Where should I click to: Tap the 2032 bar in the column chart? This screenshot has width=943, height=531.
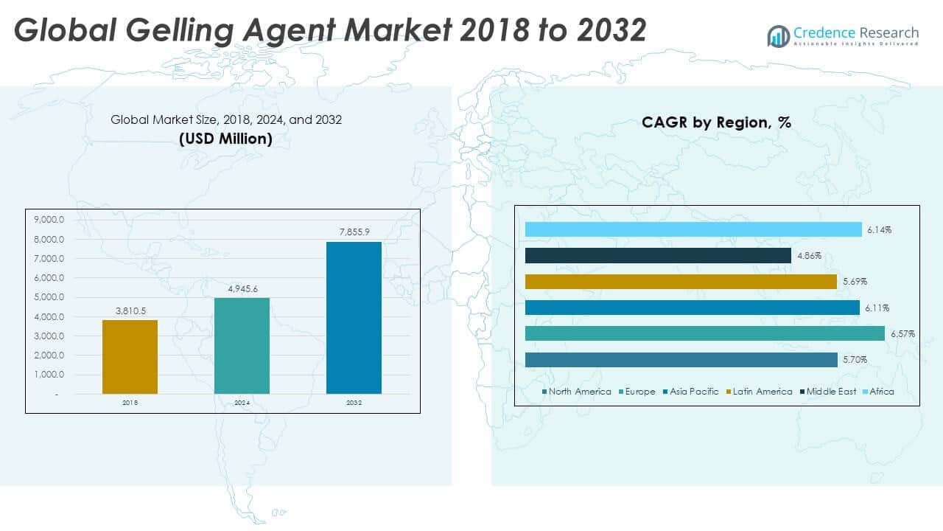354,317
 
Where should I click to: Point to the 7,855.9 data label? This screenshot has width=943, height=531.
354,232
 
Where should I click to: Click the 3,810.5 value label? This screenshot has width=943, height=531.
130,311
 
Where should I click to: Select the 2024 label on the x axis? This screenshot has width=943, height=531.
242,403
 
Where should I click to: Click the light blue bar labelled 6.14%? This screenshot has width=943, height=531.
693,230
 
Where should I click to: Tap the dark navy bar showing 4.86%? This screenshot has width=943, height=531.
658,256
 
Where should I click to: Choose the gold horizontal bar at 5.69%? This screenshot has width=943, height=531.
681,282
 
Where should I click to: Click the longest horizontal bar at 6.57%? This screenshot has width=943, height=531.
704,333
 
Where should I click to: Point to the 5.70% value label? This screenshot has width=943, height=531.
855,360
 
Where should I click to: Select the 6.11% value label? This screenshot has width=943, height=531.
877,308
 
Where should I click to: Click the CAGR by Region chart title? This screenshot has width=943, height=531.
716,122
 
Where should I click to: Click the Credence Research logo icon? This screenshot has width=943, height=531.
778,35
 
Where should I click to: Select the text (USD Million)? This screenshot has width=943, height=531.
225,139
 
